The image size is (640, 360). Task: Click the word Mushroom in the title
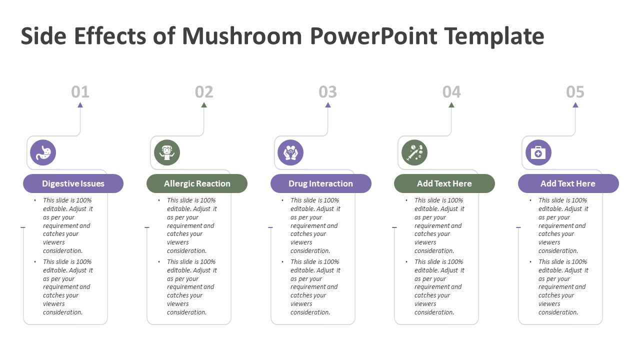point(242,36)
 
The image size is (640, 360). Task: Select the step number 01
point(80,92)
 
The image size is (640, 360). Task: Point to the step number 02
point(204,92)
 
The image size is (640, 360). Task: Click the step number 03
point(327,92)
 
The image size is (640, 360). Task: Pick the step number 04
point(451,92)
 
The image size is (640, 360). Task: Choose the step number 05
point(575,92)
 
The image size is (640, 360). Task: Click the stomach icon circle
point(43,152)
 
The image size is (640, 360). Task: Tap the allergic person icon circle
point(167,152)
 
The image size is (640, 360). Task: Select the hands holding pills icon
point(290,152)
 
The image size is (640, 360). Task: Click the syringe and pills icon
point(414,152)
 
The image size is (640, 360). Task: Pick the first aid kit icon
point(538,152)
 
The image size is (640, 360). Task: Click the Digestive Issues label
point(73,183)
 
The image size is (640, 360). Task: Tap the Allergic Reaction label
point(197,183)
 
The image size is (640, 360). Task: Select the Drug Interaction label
point(321,183)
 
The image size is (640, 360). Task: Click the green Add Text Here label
point(444,183)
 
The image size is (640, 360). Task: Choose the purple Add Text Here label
point(568,183)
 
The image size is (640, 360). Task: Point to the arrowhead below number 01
point(80,105)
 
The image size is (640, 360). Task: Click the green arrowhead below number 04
point(451,105)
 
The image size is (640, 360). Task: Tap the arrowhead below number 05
point(575,105)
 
